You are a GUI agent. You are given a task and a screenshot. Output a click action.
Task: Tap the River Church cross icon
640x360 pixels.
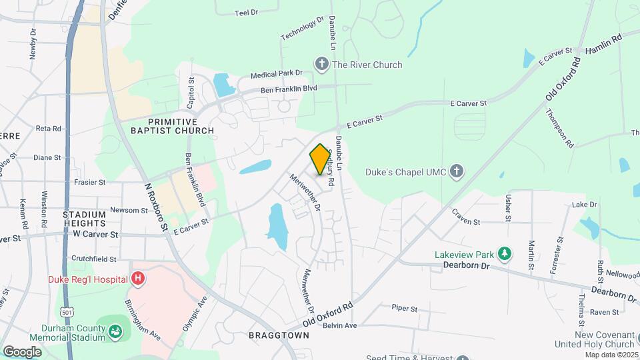(322, 65)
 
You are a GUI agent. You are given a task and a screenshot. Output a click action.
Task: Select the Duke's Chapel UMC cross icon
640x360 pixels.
(457, 171)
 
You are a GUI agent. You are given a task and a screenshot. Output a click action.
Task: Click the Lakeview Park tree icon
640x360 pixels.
(505, 253)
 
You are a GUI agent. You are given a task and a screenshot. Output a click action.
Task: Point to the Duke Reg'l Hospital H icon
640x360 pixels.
(138, 279)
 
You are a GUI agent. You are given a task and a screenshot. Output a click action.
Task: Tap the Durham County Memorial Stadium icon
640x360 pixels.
(116, 329)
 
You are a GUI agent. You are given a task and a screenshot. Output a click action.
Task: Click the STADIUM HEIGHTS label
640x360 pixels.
(85, 219)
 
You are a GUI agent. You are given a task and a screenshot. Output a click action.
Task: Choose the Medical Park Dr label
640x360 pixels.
(277, 74)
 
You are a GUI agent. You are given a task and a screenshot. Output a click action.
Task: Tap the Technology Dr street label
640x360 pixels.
(302, 29)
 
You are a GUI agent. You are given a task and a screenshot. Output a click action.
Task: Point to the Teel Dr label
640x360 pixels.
(247, 12)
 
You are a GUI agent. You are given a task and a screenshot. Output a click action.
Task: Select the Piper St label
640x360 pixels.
(404, 309)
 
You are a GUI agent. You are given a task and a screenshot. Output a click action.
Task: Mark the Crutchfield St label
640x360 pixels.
(94, 259)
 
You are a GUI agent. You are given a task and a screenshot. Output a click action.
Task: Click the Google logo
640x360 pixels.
(22, 351)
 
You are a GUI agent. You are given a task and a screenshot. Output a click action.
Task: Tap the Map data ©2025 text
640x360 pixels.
(611, 355)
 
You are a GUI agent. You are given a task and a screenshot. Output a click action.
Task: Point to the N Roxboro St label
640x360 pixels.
(155, 207)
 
